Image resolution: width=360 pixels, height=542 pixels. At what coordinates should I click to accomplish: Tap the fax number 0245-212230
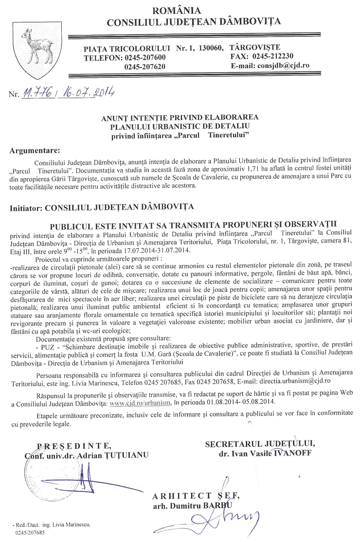(273, 56)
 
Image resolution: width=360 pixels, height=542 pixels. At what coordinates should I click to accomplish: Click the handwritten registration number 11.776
(40, 92)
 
